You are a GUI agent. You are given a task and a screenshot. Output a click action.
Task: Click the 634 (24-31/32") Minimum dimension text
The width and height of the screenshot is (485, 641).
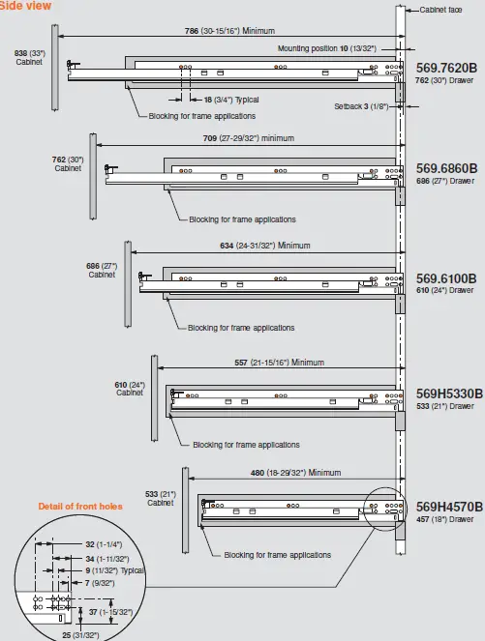click(x=264, y=246)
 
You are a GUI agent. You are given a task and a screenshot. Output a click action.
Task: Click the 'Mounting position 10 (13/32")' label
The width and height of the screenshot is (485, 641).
click(x=326, y=46)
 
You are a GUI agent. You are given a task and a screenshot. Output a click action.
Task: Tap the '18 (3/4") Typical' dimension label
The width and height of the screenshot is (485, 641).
click(x=231, y=100)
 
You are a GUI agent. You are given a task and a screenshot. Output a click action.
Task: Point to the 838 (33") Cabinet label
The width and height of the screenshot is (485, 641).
click(x=29, y=56)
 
